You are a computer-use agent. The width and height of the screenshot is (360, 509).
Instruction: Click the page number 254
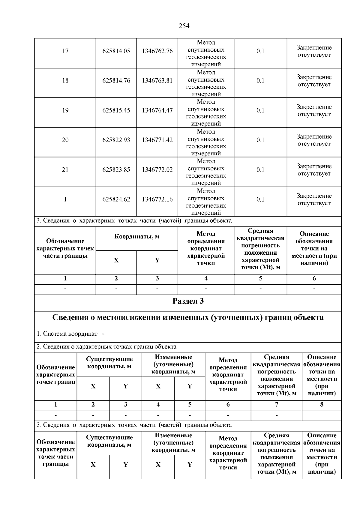coord(184,26)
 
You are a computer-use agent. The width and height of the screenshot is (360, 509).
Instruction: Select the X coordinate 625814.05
coord(116,51)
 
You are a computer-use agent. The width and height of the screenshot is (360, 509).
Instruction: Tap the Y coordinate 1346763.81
coord(157,81)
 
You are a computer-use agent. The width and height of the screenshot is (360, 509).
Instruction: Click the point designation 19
coord(65,110)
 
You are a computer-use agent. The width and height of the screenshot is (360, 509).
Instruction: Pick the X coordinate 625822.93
coord(116,140)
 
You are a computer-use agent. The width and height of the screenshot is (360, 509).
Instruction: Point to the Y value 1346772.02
coord(157,170)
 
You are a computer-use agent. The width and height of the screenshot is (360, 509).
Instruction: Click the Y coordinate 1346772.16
coord(157,199)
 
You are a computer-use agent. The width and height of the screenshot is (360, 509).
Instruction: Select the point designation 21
coord(65,170)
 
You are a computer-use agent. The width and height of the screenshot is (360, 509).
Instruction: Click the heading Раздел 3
coord(188,301)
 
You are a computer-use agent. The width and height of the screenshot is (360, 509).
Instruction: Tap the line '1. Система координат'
coord(67,334)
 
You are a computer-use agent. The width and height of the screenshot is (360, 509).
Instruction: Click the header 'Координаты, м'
coord(137,237)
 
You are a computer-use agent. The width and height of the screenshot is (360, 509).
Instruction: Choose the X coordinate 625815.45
coord(116,110)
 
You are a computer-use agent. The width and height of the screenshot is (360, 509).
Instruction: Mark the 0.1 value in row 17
coord(260,51)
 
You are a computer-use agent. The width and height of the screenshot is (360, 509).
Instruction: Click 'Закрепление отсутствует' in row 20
coord(314,140)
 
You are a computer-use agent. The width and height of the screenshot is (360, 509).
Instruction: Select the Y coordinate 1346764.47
coord(157,110)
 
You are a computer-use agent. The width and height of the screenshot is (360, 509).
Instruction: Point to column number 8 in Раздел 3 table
coord(322,405)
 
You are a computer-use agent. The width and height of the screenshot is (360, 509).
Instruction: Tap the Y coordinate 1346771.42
coord(157,140)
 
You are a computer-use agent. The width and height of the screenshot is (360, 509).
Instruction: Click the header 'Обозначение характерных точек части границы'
coord(65,248)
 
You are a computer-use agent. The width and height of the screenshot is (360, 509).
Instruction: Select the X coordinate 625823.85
coord(116,170)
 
